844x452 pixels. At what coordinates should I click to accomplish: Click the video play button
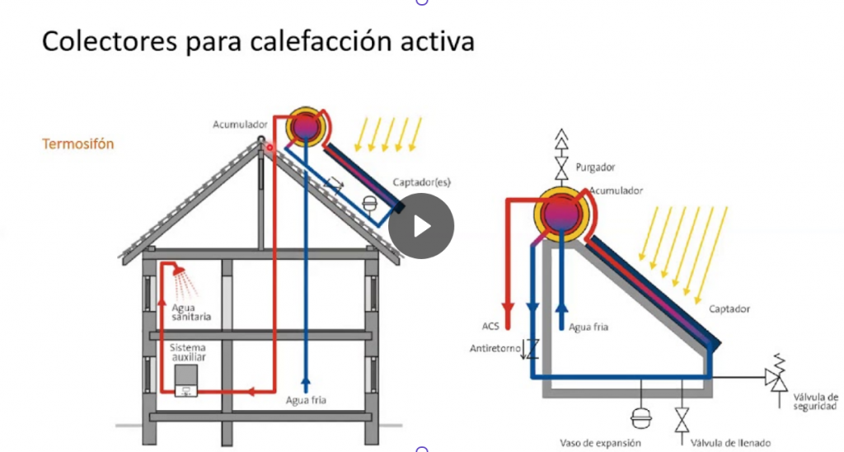point(421,226)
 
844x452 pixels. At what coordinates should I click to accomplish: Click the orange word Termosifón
point(78,144)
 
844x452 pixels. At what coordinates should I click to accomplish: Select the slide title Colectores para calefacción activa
point(258,41)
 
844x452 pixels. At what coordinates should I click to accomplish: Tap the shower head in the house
point(179,271)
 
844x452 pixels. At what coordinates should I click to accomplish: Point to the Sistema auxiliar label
point(188,352)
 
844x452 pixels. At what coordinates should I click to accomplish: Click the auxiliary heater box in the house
point(185,381)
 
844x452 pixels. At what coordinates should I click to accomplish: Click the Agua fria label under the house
point(306,400)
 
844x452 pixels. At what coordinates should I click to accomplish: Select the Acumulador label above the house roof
point(240,125)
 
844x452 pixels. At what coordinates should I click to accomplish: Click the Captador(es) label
point(421,182)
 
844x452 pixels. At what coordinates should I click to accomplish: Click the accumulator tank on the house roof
point(306,127)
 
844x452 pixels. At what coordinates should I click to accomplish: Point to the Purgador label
point(595,167)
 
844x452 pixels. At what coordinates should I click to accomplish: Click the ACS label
point(490,327)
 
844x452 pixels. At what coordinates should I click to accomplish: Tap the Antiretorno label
point(495,349)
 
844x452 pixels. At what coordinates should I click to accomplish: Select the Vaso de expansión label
point(600,444)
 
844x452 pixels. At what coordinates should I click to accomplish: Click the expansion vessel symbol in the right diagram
point(641,417)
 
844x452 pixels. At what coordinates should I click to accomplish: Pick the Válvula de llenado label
point(730,444)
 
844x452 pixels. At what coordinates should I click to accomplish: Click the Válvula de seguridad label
point(815,402)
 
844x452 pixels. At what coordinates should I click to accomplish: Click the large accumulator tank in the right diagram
point(561,214)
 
